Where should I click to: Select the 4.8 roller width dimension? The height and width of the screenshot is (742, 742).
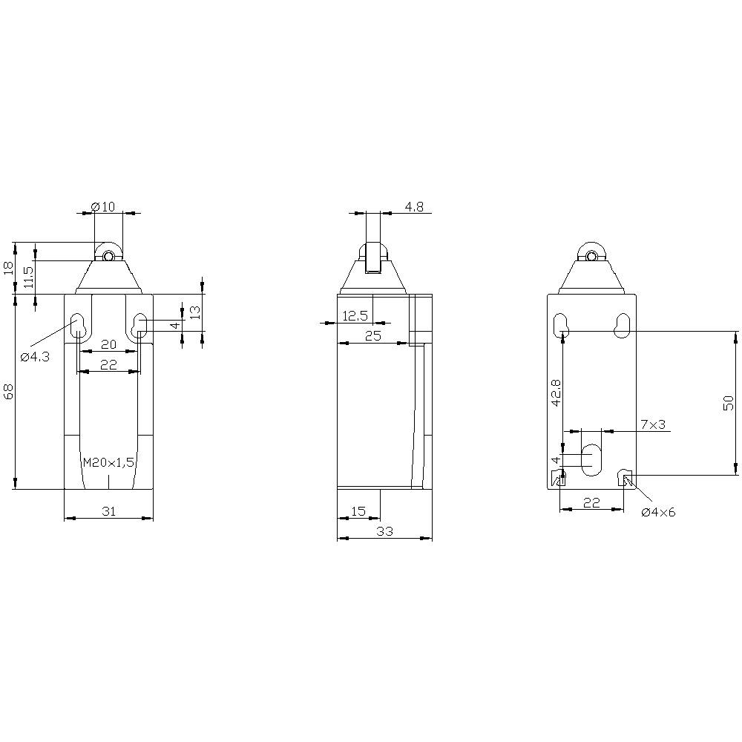(414, 207)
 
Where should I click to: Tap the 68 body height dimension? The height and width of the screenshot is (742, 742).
(9, 391)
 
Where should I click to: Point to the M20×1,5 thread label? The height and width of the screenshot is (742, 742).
(108, 462)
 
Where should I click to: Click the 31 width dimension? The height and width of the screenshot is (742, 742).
(108, 510)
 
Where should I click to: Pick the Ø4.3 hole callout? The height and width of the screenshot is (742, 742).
(35, 357)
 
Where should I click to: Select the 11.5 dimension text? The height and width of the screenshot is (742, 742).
(28, 278)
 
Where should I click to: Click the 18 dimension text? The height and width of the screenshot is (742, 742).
(9, 268)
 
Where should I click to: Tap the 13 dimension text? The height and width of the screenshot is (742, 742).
(194, 312)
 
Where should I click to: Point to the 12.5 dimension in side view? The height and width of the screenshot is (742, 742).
(355, 316)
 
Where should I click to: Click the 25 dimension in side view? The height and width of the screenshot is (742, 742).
(372, 336)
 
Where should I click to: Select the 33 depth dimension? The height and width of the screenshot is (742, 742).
(384, 531)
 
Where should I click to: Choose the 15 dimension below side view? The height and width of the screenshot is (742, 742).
(358, 510)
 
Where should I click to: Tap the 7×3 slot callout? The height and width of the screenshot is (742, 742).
(653, 424)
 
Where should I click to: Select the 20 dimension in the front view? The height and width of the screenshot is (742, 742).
(108, 344)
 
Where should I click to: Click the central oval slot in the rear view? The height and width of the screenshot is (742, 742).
(591, 460)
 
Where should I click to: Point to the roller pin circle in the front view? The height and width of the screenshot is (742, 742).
(108, 257)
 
